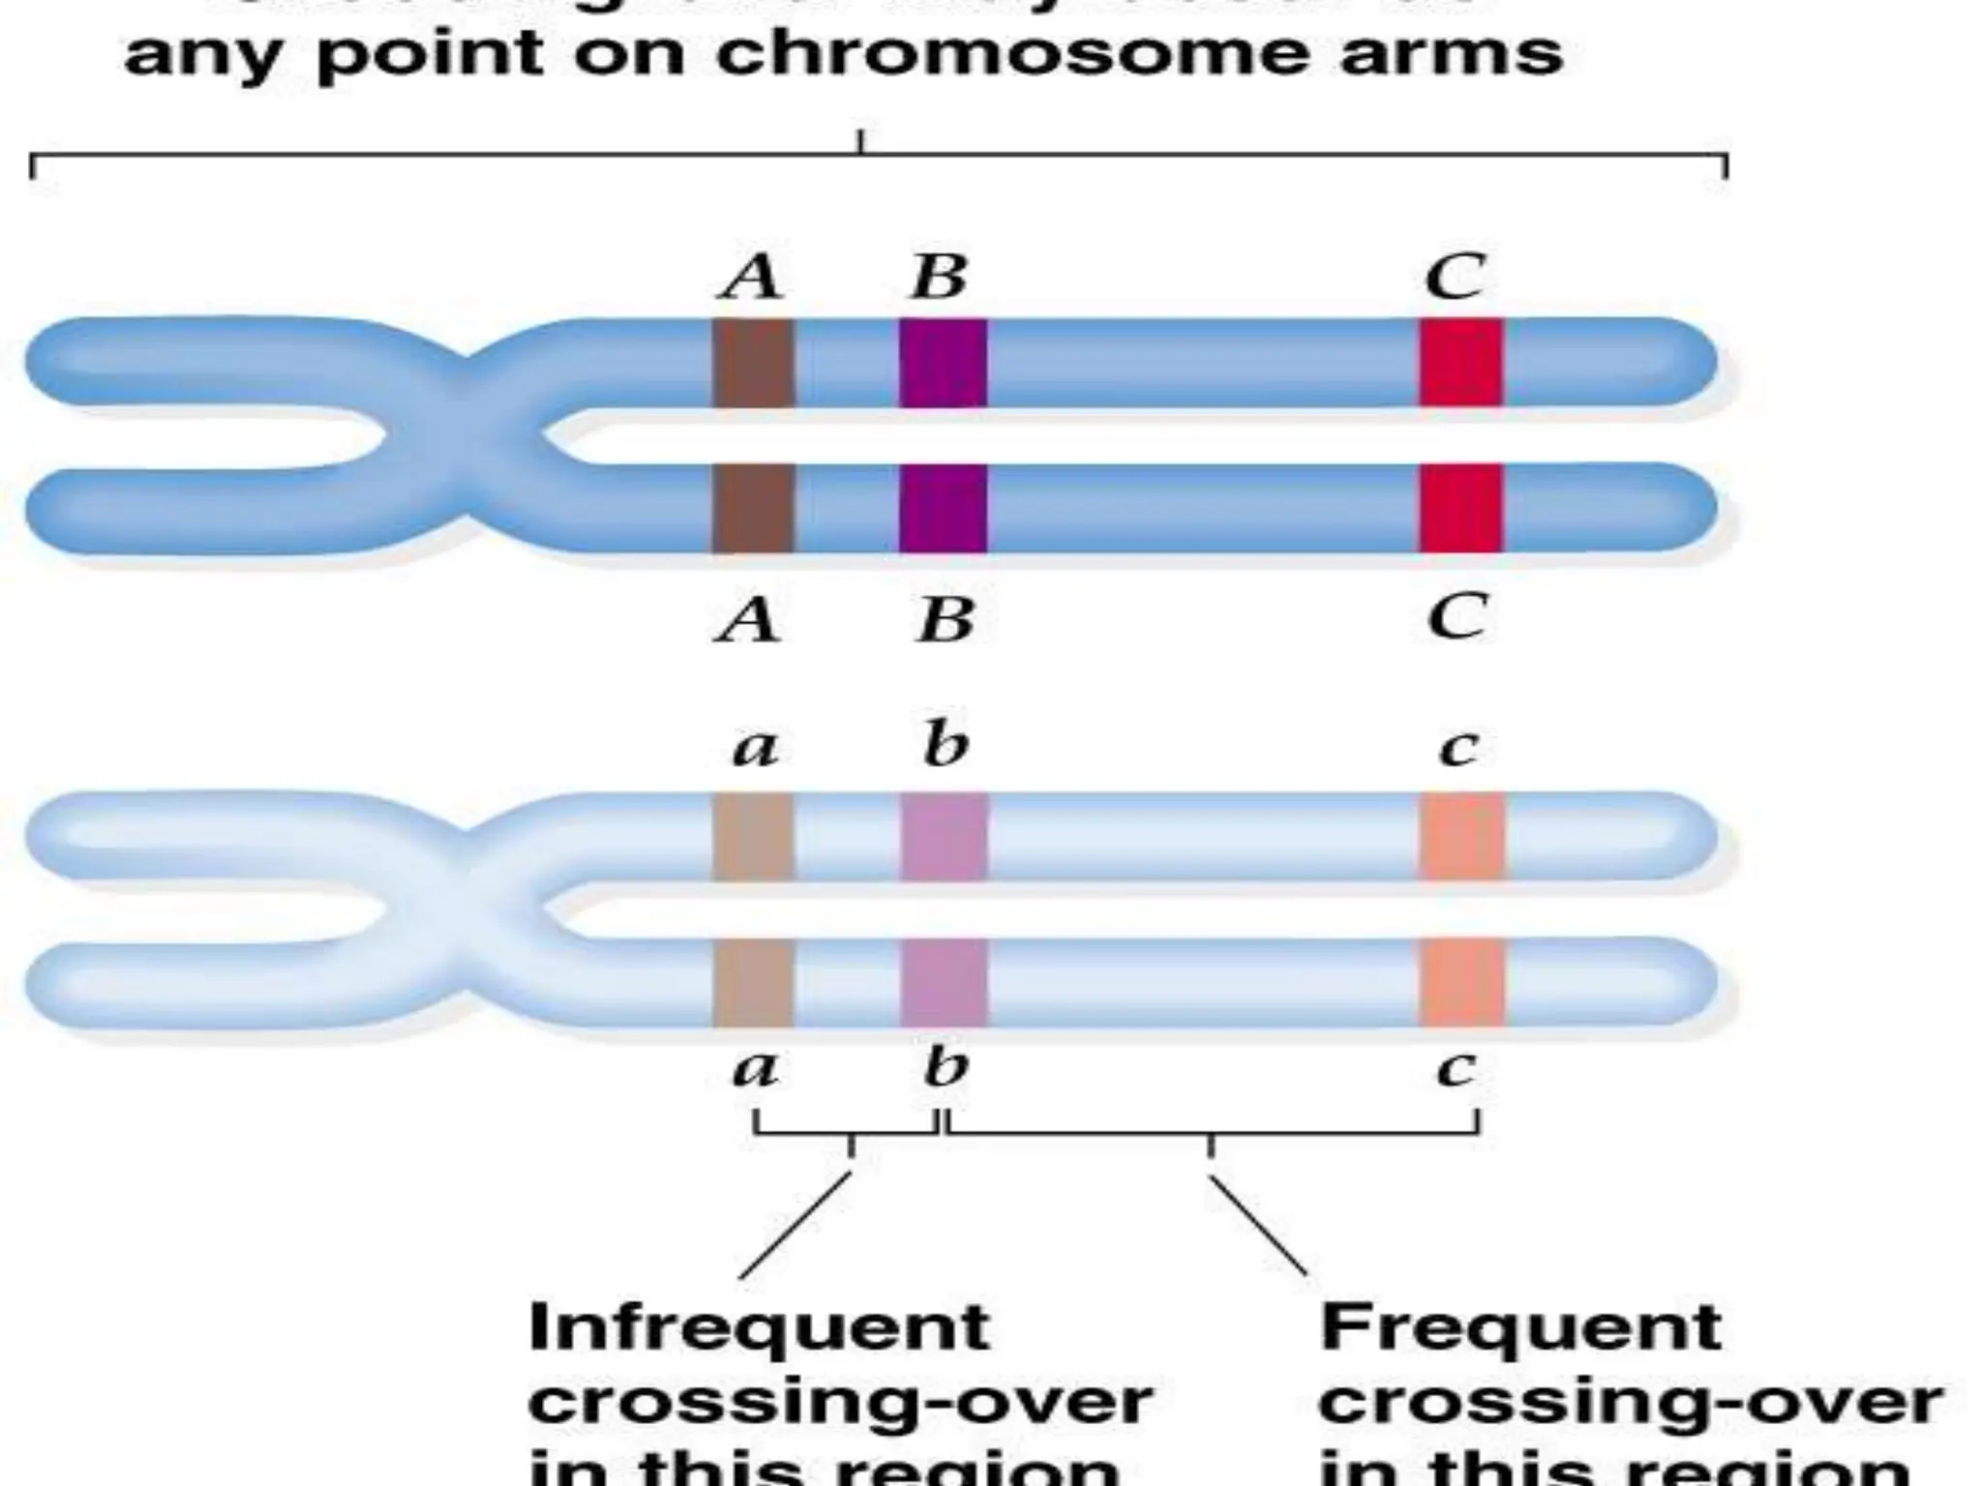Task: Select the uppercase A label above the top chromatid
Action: pyautogui.click(x=751, y=278)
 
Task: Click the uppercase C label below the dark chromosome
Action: pyautogui.click(x=1456, y=616)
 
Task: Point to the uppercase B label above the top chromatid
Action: pyautogui.click(x=939, y=278)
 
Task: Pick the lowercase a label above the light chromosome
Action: pyautogui.click(x=754, y=748)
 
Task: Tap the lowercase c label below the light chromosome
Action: pyautogui.click(x=1456, y=1068)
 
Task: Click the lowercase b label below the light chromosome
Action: pyautogui.click(x=945, y=1066)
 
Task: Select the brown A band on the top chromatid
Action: pyautogui.click(x=754, y=363)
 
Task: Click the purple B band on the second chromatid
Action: pyautogui.click(x=943, y=508)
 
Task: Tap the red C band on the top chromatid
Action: pyautogui.click(x=1461, y=363)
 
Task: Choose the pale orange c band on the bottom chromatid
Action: pyautogui.click(x=1462, y=982)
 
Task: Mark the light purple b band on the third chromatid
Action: pyautogui.click(x=945, y=837)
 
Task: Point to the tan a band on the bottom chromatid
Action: pyautogui.click(x=754, y=982)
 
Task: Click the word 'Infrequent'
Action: pyautogui.click(x=759, y=1327)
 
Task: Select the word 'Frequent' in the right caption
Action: pyautogui.click(x=1519, y=1327)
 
